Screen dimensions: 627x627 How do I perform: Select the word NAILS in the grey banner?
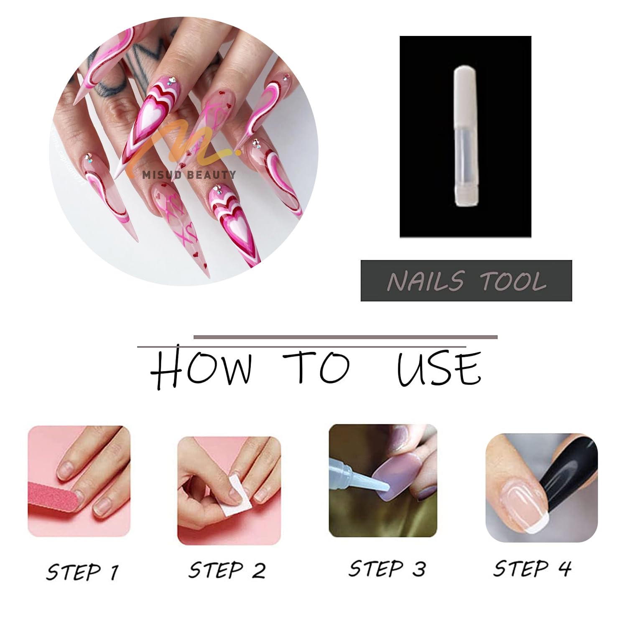pos(425,281)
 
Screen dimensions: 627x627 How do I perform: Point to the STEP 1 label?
pos(82,571)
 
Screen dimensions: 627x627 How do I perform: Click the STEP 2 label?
pos(227,570)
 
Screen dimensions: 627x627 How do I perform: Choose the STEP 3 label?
pos(387,568)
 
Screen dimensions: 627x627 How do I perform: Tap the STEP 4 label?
pos(532,568)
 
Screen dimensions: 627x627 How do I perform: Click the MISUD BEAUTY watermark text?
pos(189,175)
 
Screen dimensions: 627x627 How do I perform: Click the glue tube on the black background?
pos(465,136)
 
